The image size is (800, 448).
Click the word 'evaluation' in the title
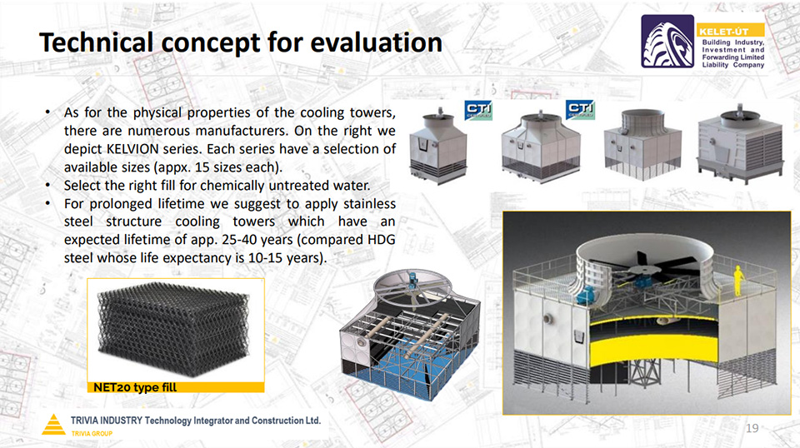click(376, 42)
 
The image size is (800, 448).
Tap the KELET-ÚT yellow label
click(731, 31)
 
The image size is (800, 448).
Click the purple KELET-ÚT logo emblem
click(667, 42)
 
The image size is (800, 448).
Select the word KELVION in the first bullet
click(132, 149)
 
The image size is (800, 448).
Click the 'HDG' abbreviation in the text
click(381, 240)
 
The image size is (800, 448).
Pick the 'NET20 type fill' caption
click(135, 387)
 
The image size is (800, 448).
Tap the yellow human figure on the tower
click(737, 281)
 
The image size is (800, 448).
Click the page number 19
click(752, 428)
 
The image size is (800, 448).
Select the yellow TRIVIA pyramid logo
click(53, 425)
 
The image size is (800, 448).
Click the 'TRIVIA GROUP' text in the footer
click(92, 434)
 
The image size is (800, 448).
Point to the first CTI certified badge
click(478, 110)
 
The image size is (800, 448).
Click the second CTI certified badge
click(580, 110)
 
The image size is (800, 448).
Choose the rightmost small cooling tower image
click(740, 143)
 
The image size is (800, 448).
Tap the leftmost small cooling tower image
click(438, 147)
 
